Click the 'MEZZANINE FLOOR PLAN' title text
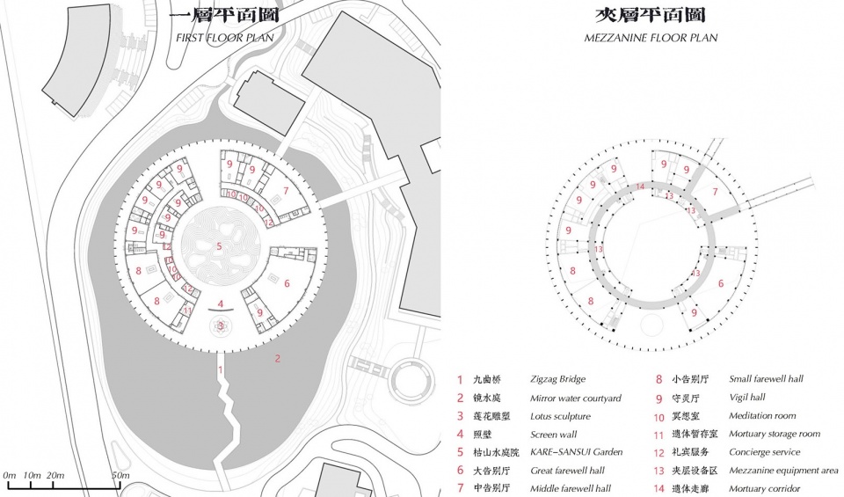651,38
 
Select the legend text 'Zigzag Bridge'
558,380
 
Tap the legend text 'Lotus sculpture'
560,416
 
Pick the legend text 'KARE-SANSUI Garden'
576,452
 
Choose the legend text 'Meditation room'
762,416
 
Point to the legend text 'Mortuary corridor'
764,488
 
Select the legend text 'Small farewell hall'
766,380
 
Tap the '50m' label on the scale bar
120,475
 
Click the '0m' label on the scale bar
10,475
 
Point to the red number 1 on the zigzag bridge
220,369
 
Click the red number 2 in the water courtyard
278,358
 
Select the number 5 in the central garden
219,246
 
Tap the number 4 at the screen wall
221,304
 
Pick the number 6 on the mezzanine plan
721,283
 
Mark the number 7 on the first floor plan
286,191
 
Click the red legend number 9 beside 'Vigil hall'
658,398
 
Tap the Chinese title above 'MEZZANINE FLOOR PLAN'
650,16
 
